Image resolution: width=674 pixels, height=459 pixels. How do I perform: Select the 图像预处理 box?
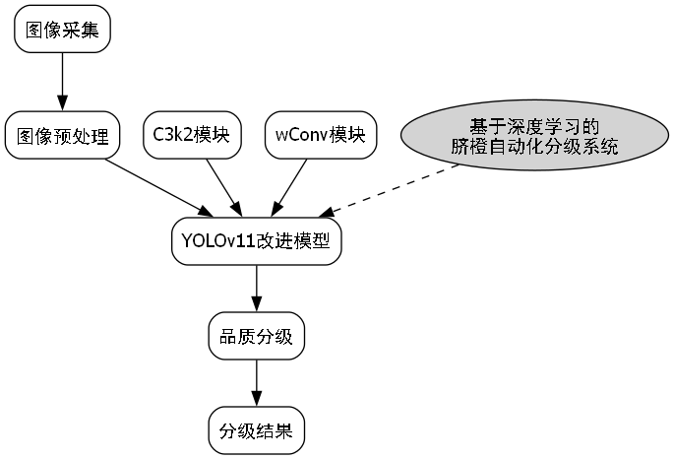click(x=62, y=135)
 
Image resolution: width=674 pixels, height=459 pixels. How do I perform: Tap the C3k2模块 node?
click(x=192, y=135)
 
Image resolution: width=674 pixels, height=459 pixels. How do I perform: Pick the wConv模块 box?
click(x=320, y=135)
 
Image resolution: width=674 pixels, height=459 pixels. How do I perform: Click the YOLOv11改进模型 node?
click(x=257, y=241)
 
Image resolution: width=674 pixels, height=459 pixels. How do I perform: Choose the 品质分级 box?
click(x=257, y=337)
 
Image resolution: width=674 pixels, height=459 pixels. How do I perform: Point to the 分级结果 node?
click(x=257, y=430)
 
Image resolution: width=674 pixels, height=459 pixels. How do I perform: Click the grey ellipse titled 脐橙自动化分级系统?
click(x=535, y=135)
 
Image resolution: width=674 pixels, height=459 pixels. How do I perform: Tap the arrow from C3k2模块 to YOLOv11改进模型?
click(x=221, y=184)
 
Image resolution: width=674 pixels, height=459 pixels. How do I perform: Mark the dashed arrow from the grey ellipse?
click(x=394, y=188)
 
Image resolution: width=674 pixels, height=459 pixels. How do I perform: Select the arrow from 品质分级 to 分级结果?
click(x=257, y=383)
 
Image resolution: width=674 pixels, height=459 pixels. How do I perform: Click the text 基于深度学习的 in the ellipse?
click(x=535, y=126)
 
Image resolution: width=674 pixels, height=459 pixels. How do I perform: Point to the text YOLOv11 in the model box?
click(x=217, y=241)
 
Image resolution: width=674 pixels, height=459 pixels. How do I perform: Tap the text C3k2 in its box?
click(x=172, y=135)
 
